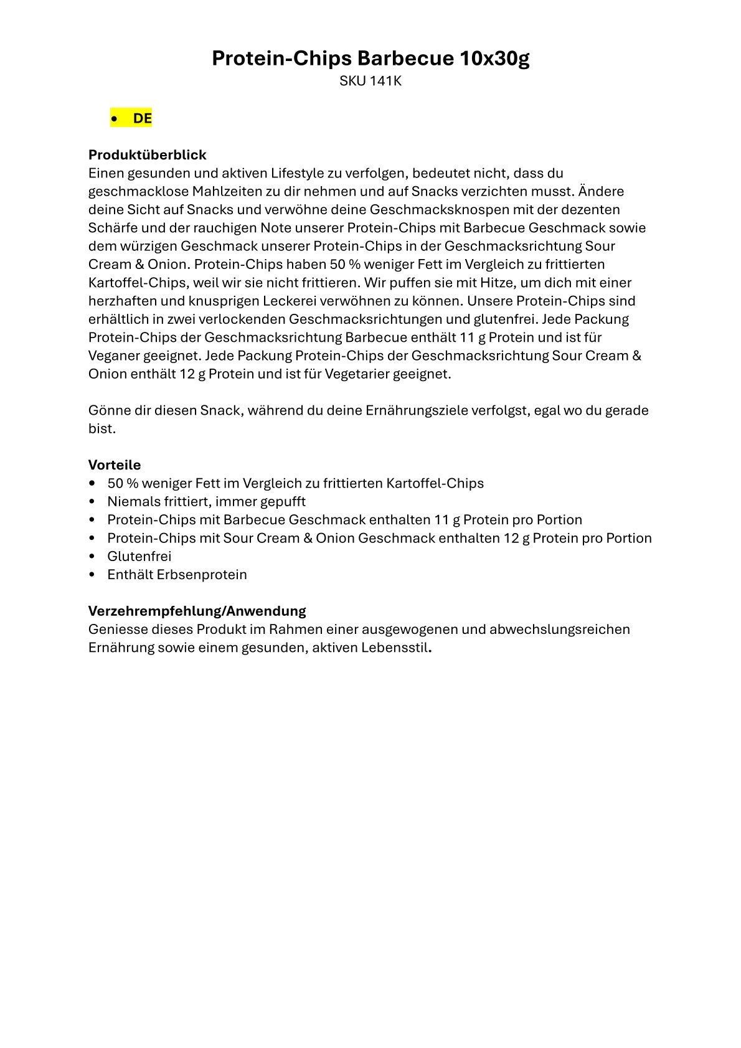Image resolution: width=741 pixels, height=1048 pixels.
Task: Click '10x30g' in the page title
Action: point(494,59)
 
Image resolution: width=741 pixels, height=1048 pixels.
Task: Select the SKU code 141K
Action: point(385,81)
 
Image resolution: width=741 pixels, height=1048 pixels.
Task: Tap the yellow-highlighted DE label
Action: point(142,118)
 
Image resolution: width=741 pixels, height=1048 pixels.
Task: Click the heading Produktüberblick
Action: point(147,154)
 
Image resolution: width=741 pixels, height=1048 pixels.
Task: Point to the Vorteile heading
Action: point(115,465)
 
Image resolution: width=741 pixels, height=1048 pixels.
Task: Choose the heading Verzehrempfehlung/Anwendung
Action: point(197,611)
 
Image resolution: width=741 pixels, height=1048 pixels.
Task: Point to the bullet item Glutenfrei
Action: point(139,557)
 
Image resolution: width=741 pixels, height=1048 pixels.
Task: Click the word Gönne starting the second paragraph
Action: point(110,411)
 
